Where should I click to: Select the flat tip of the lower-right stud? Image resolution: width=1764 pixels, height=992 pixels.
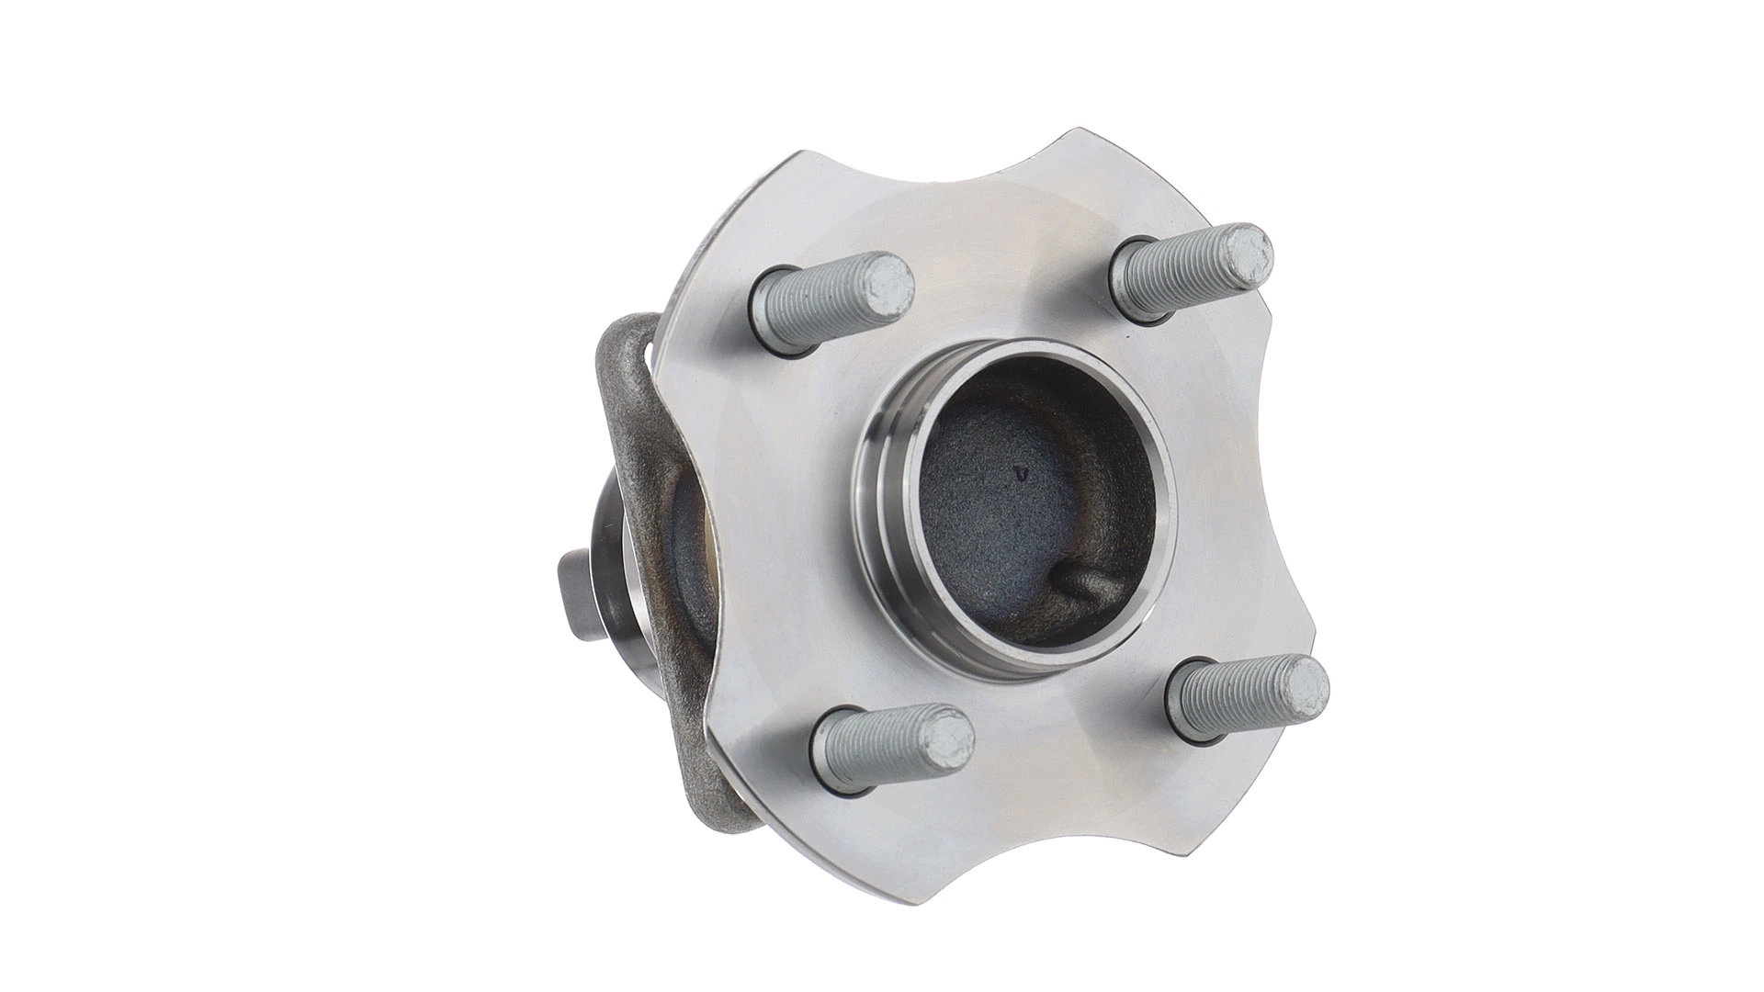[1302, 687]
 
